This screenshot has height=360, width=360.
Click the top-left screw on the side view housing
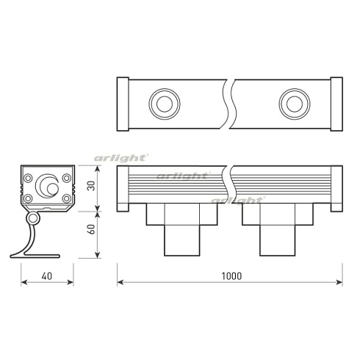coord(29,176)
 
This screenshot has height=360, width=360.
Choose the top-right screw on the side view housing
coord(66,176)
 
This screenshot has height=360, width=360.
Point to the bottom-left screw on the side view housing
coord(29,198)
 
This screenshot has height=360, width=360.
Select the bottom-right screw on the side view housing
coord(66,198)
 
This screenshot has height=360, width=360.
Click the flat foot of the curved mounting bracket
coord(34,255)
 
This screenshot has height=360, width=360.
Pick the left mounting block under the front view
coord(183,229)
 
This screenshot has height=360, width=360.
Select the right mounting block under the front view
coord(278,229)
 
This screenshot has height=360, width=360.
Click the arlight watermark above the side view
coord(121,158)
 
